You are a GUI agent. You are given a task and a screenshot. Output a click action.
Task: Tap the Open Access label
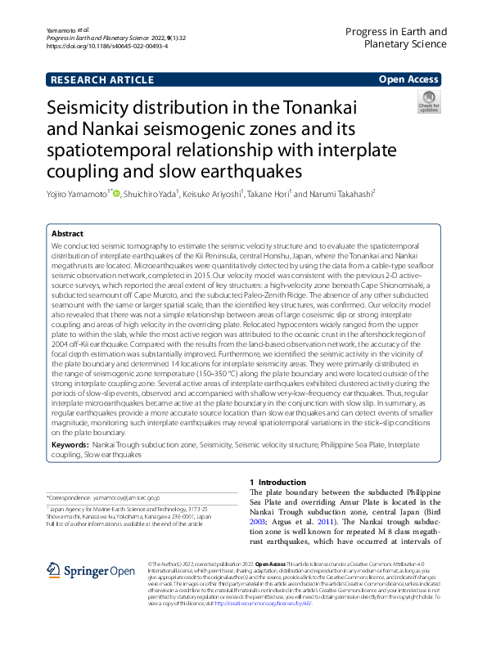(x=408, y=79)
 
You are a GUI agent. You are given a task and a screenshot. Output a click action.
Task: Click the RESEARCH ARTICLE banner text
(x=102, y=79)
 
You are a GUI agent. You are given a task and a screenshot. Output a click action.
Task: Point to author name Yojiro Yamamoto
(x=77, y=194)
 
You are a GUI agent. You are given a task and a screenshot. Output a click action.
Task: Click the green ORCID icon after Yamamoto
(x=116, y=194)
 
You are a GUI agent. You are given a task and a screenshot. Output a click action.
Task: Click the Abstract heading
(x=69, y=233)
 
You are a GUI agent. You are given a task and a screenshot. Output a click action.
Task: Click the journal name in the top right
(x=395, y=38)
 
